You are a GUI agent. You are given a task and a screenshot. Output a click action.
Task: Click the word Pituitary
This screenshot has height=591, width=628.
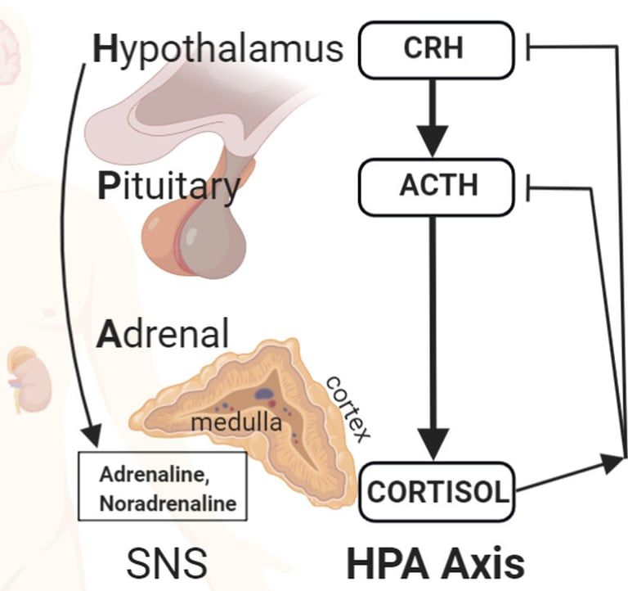click(x=168, y=187)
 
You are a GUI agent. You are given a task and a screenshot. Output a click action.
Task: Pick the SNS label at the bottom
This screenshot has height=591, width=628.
click(x=167, y=564)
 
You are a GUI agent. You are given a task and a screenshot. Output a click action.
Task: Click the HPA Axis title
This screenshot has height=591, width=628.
click(x=433, y=564)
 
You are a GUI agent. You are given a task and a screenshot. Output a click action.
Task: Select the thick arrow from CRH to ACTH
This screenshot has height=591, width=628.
click(x=433, y=115)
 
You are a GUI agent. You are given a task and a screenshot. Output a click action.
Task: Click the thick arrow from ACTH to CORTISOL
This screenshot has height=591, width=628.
click(x=433, y=336)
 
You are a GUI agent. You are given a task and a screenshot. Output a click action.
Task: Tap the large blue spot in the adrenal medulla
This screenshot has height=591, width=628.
click(x=265, y=394)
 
